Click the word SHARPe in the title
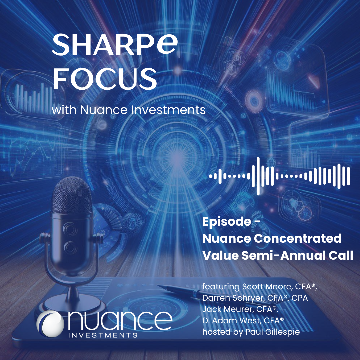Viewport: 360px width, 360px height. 115,44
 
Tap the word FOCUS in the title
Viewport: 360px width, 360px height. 105,79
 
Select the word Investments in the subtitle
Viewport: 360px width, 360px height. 168,110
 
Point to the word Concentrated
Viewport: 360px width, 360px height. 298,239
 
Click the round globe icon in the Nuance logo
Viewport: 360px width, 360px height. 50,324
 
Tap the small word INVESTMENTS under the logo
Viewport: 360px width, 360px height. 103,335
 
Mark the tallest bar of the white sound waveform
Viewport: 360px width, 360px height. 258,176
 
